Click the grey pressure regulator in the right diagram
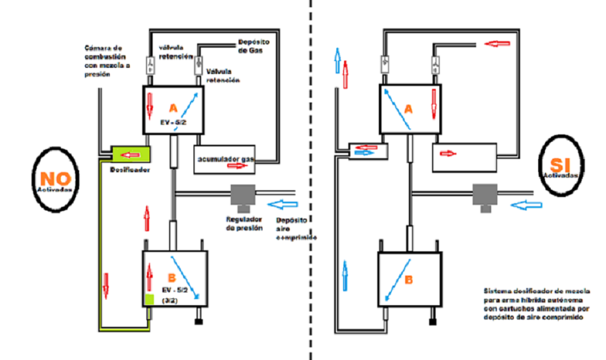coord(485,195)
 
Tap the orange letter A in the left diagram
coord(174,107)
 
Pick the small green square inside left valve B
coord(150,300)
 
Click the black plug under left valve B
coord(198,322)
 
